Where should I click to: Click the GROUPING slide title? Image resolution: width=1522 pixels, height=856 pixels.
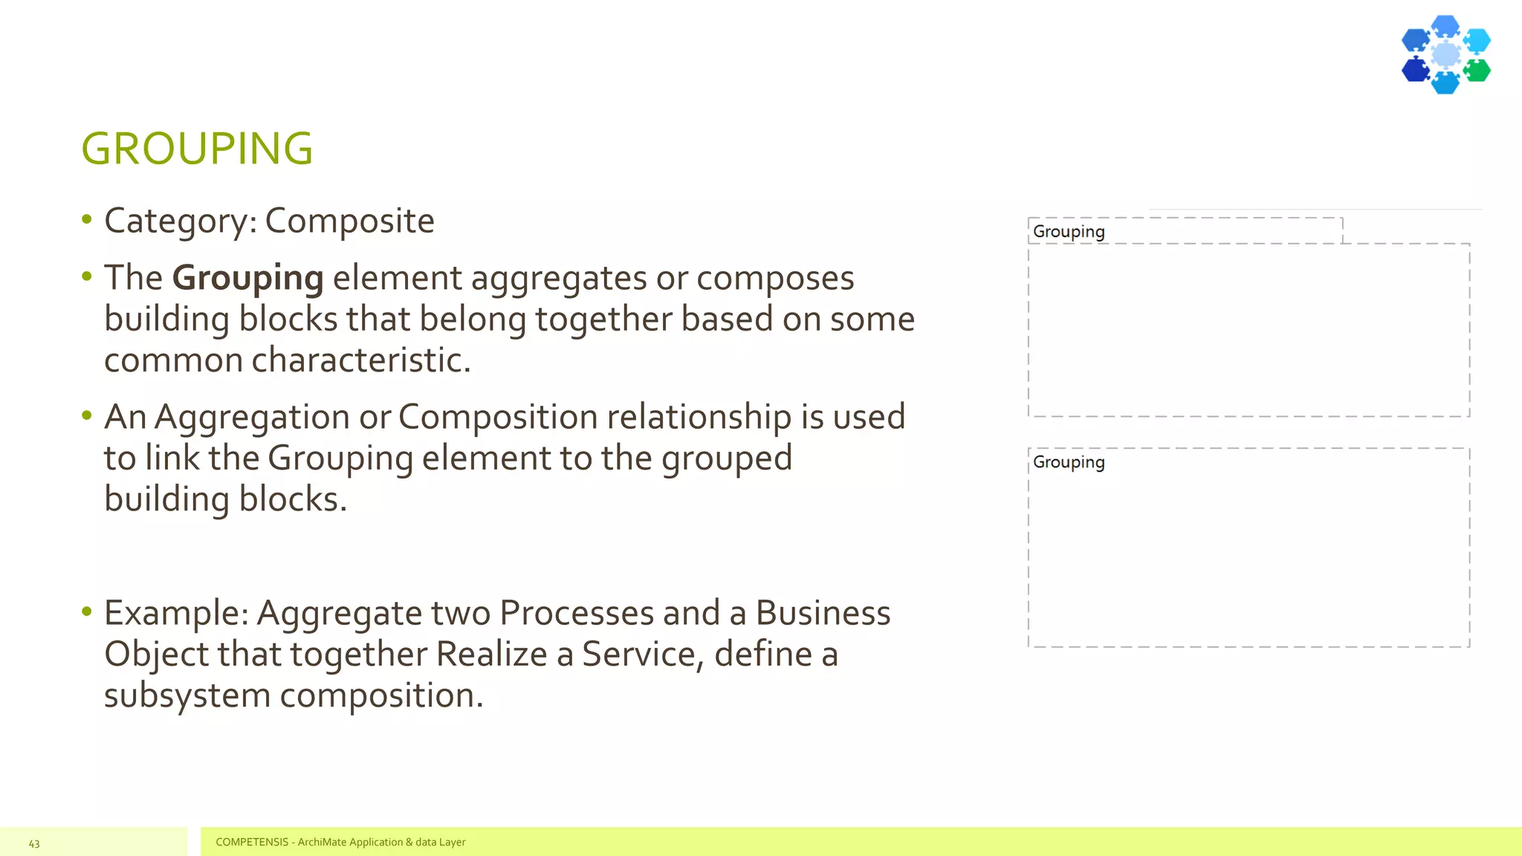[x=197, y=149]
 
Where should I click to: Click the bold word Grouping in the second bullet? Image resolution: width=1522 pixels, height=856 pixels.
[x=247, y=279]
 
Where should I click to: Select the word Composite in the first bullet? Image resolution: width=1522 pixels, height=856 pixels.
[x=349, y=221]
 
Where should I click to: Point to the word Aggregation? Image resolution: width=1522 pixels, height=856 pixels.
[x=252, y=417]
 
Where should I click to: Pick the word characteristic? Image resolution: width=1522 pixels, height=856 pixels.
[x=360, y=360]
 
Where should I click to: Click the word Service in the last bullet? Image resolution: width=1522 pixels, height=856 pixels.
[x=642, y=655]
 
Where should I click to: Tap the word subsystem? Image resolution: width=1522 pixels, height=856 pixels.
[x=187, y=696]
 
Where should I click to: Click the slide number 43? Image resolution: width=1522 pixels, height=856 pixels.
[x=34, y=843]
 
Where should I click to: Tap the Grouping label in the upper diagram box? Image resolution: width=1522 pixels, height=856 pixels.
[x=1069, y=232]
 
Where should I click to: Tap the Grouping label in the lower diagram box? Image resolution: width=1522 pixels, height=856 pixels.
[x=1069, y=462]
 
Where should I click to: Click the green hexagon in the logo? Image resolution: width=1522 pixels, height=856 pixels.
[x=1477, y=71]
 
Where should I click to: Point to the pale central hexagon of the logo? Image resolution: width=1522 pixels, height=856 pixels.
[x=1445, y=54]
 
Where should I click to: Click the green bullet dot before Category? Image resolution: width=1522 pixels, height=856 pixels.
[x=87, y=219]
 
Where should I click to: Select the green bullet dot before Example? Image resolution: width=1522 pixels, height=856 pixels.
[x=87, y=612]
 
